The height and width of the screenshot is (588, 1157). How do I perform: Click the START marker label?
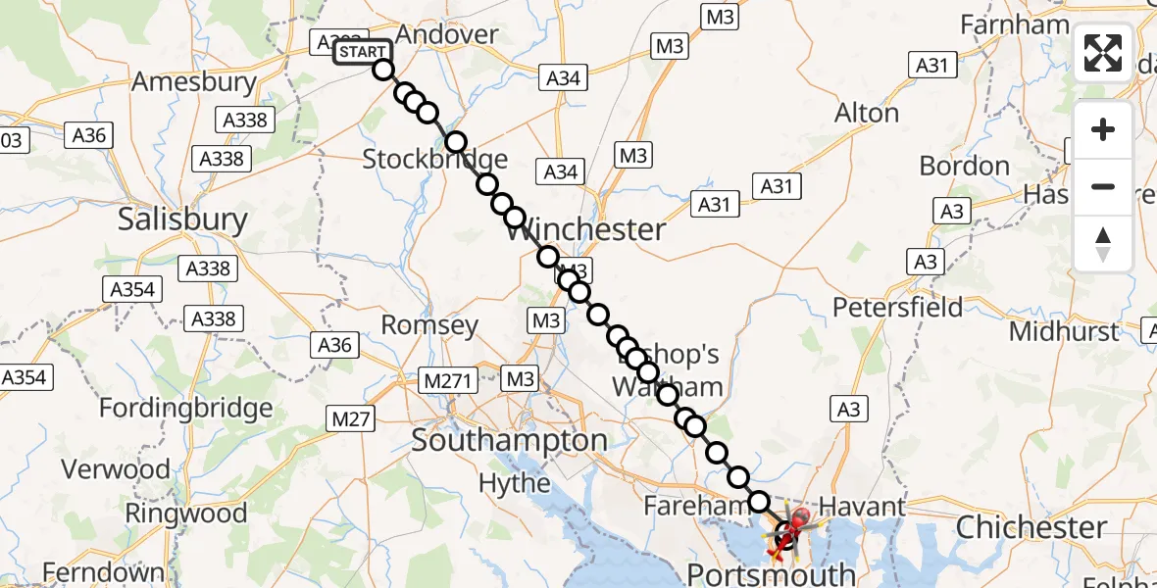(x=362, y=52)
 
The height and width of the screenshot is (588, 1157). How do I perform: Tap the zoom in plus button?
(x=1103, y=129)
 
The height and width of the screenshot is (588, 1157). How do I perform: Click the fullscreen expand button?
(x=1103, y=52)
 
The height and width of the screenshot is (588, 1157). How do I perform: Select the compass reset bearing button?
(x=1103, y=244)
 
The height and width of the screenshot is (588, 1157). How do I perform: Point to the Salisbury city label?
(x=182, y=219)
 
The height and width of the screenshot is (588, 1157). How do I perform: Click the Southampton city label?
(x=509, y=440)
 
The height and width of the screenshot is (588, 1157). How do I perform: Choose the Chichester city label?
(x=1031, y=527)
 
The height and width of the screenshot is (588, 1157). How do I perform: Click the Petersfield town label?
(x=897, y=308)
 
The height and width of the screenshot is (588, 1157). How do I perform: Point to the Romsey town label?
(x=429, y=325)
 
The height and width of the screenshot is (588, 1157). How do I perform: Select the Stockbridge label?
(x=434, y=159)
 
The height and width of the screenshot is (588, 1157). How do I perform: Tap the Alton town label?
(x=866, y=114)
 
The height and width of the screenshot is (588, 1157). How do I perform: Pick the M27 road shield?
(x=349, y=419)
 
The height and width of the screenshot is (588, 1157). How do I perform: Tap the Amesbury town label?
(x=193, y=82)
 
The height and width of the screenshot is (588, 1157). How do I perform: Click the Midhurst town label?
(x=1064, y=331)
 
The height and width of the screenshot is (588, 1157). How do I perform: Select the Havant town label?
(x=862, y=507)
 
